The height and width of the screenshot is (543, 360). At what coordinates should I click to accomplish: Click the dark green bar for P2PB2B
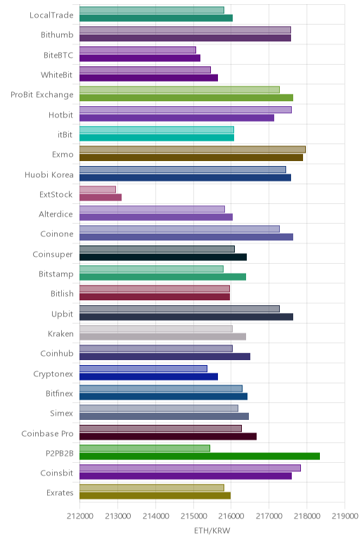click(x=200, y=456)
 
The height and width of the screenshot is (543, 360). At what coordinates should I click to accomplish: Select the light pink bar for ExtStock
click(x=98, y=189)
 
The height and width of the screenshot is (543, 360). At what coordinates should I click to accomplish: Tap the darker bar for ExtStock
click(x=101, y=198)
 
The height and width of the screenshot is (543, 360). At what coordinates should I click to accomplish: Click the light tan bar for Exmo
click(x=193, y=150)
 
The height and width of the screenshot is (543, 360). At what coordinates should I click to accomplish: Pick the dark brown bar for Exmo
click(x=191, y=158)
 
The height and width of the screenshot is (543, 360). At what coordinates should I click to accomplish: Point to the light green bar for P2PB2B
click(x=145, y=448)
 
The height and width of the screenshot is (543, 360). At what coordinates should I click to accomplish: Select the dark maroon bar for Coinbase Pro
click(x=168, y=436)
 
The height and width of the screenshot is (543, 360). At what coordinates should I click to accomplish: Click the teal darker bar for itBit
click(x=157, y=137)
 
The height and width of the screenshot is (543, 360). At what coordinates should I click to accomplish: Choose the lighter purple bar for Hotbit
click(x=186, y=110)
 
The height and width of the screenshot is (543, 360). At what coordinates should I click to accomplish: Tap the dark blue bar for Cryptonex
click(x=148, y=376)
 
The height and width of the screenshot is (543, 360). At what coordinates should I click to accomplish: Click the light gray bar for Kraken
click(x=156, y=328)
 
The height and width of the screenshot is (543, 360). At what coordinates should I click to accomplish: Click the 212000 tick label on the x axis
click(x=80, y=516)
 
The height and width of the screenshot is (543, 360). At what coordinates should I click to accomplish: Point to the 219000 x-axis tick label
click(x=345, y=516)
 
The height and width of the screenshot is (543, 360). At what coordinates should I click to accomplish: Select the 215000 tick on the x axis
click(x=193, y=516)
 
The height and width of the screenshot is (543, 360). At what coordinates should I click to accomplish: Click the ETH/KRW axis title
click(x=212, y=530)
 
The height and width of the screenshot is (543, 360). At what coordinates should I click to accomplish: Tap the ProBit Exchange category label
click(x=42, y=95)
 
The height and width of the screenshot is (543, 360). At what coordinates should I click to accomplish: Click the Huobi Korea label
click(x=49, y=174)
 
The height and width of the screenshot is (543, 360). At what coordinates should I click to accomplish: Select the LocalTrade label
click(x=51, y=15)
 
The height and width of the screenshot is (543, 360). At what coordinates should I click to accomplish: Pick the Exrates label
click(x=60, y=492)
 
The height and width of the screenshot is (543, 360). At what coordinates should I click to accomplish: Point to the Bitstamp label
click(x=56, y=274)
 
